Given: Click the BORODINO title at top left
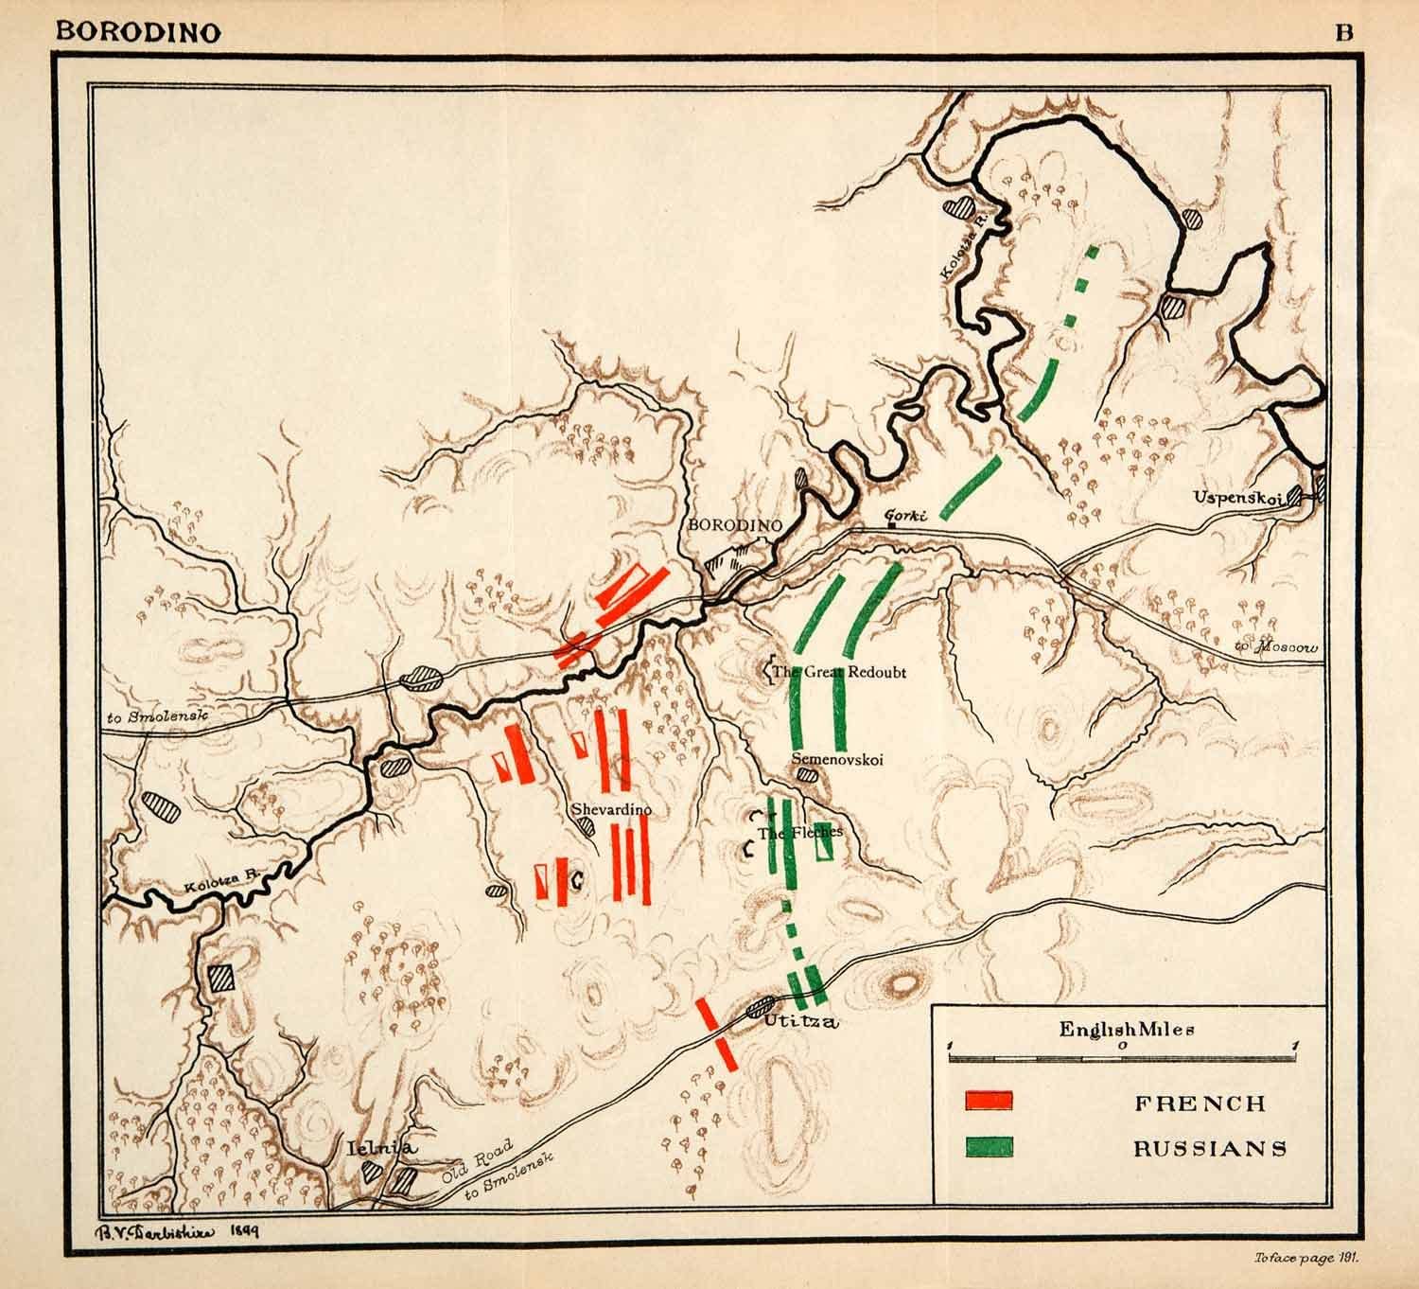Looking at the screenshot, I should [x=140, y=31].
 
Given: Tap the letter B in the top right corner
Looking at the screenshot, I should [x=1343, y=31].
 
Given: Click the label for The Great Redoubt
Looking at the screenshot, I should [x=839, y=673].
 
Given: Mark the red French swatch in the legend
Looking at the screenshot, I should [x=990, y=1101].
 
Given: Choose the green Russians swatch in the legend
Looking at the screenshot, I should [x=990, y=1147].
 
